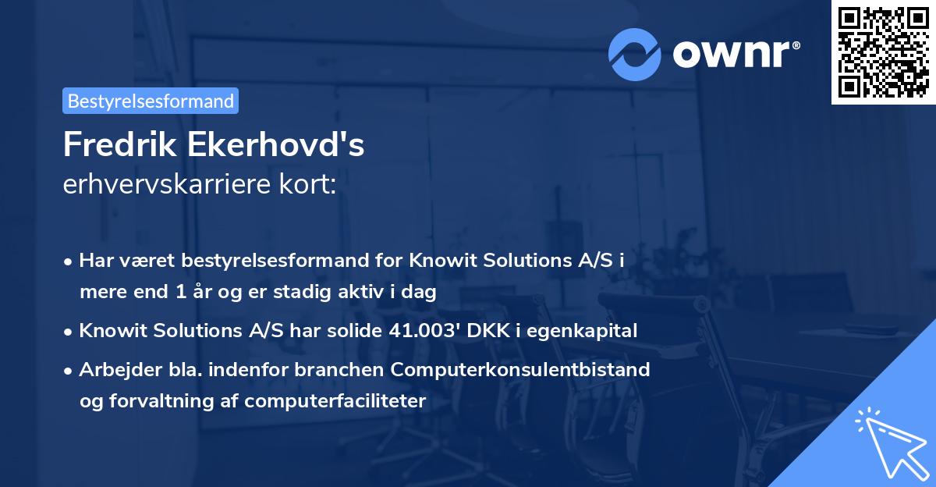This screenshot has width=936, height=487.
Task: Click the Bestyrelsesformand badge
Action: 151,101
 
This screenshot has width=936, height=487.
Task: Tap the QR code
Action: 883,52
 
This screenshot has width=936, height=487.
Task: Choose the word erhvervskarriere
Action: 166,185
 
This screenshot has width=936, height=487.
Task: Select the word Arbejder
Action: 114,369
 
